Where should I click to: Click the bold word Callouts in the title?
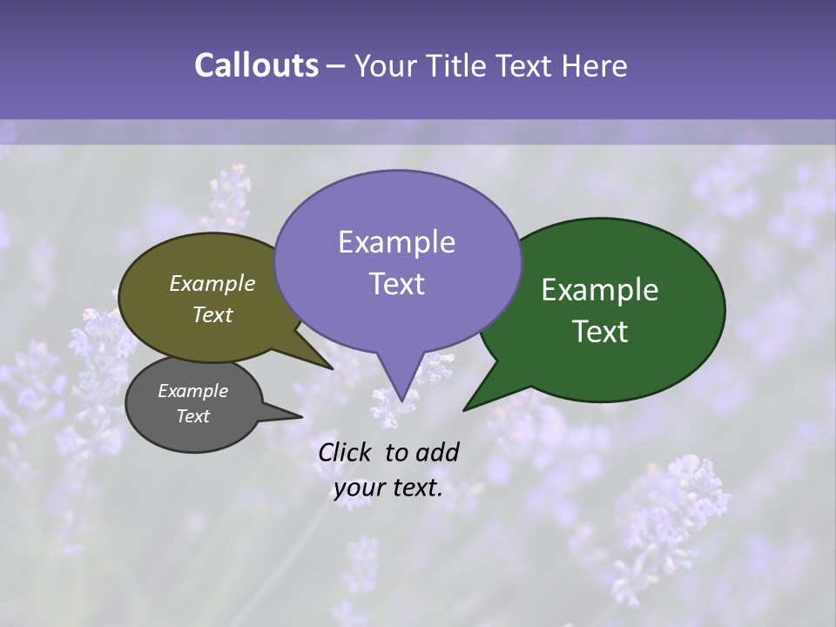(x=256, y=65)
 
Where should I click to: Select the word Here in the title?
(x=595, y=65)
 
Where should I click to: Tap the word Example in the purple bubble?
(x=396, y=242)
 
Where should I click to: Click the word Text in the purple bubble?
(x=396, y=284)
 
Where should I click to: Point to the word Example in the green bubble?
(x=600, y=290)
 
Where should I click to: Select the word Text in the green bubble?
(x=600, y=332)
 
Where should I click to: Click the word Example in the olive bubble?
(x=212, y=283)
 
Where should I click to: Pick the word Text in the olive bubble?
(x=212, y=314)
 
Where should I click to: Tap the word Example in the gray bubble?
(x=192, y=391)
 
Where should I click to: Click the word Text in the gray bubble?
(x=192, y=416)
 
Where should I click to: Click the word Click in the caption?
(x=345, y=452)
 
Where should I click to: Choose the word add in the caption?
(x=438, y=452)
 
